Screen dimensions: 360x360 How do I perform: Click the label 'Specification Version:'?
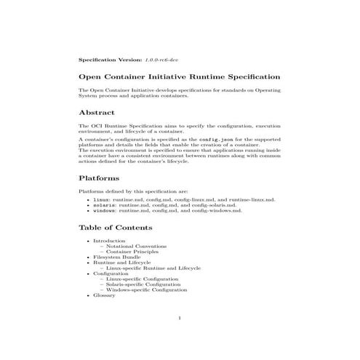pos(111,57)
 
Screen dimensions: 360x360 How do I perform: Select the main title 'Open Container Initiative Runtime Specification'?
pos(179,76)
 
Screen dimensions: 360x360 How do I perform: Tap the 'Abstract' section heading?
pos(97,113)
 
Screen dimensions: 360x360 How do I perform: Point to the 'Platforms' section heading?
pos(99,178)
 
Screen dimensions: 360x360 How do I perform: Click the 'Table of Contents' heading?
pos(119,228)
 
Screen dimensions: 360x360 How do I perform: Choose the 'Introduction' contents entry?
pos(109,241)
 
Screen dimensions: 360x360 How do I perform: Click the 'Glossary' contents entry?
pos(104,296)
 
